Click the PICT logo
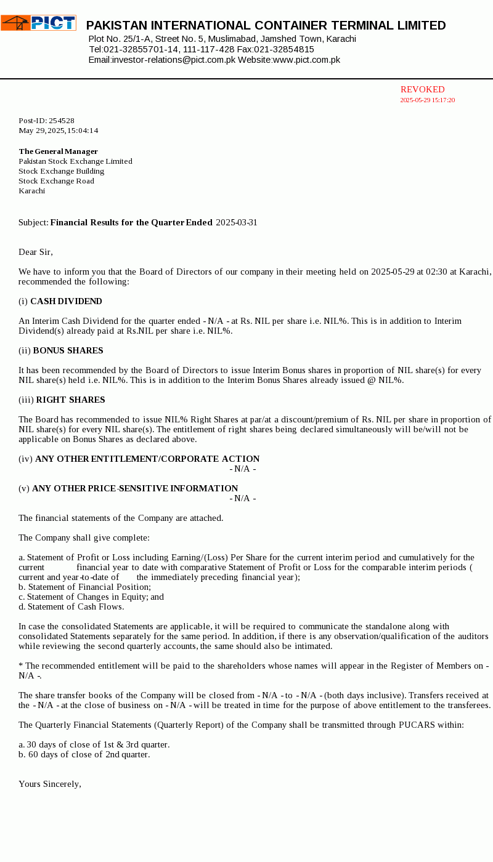(x=38, y=23)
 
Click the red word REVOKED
(x=422, y=90)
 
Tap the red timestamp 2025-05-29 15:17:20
(x=427, y=100)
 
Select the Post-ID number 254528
(x=62, y=121)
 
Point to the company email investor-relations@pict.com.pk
(x=174, y=60)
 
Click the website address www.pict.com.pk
(x=306, y=60)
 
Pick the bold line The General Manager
(x=58, y=151)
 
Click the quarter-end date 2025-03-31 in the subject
(x=237, y=222)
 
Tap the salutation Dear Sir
(x=36, y=252)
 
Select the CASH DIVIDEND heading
(x=66, y=301)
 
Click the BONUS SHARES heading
(x=68, y=350)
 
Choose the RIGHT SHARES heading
(x=70, y=400)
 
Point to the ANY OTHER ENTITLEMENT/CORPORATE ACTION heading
(x=147, y=459)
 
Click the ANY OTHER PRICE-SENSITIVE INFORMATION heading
(x=135, y=488)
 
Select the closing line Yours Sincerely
(x=50, y=784)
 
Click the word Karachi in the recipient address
(x=32, y=191)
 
